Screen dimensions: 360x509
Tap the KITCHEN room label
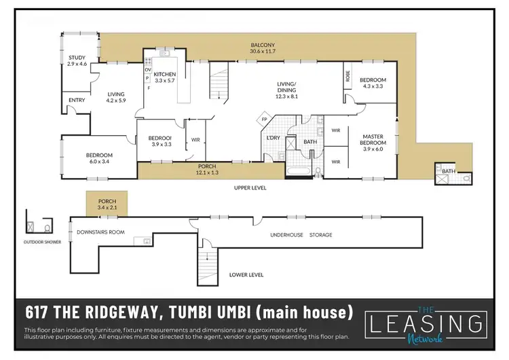(x=164, y=74)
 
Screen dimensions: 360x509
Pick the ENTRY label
(x=76, y=101)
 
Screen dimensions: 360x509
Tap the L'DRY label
(x=274, y=139)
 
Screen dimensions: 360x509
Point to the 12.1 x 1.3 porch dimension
(x=207, y=173)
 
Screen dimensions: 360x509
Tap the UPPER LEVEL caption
(x=249, y=187)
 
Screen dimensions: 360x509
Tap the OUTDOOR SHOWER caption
(x=42, y=242)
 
